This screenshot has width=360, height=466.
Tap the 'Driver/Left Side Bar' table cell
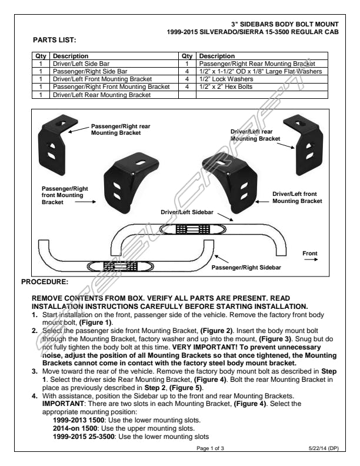pos(81,62)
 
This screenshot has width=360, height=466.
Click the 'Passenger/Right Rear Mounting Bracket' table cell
pos(257,62)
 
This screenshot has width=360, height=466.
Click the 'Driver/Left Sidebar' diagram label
pos(188,211)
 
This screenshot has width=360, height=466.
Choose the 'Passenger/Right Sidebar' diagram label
pos(246,268)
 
